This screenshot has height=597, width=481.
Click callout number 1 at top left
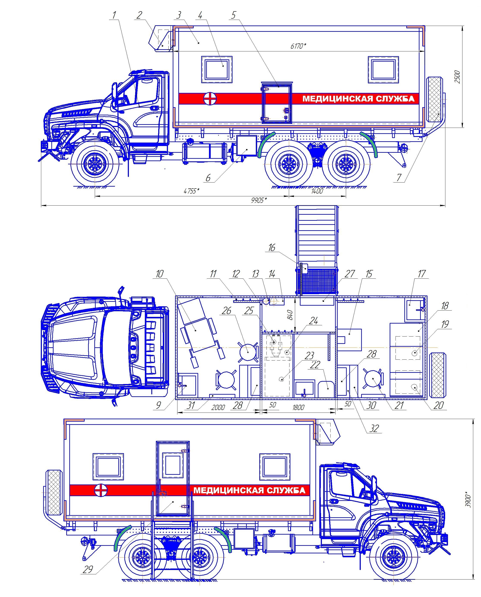114,15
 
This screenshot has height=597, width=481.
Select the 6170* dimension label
298,46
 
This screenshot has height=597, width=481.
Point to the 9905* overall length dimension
259,200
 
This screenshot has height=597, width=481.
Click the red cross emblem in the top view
210,99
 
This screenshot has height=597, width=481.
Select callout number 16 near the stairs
272,248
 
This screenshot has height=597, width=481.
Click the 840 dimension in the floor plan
290,314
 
